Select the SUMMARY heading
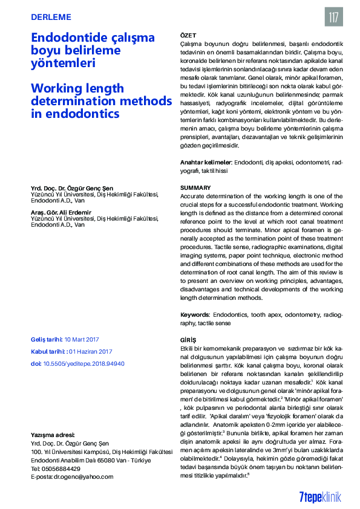[195, 188]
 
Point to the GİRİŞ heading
[189, 340]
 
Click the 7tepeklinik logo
[320, 496]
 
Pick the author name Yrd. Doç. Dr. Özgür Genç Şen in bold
[72, 189]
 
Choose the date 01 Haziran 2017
[91, 351]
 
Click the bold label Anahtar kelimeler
[206, 163]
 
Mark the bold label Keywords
[195, 315]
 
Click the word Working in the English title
[57, 87]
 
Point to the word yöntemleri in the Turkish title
[63, 63]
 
